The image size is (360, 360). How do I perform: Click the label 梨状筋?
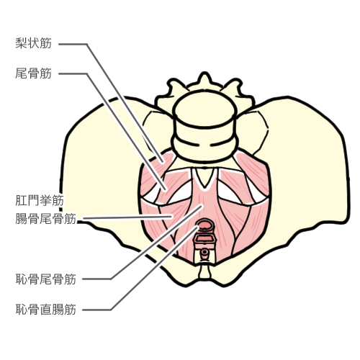34,43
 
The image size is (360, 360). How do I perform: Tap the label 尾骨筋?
34,73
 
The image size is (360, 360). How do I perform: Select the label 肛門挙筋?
40,200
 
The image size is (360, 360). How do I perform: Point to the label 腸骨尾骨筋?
46,218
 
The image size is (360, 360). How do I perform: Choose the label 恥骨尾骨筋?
46,279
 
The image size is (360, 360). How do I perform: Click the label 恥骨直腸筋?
46,310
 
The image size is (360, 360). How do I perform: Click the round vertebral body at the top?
204,109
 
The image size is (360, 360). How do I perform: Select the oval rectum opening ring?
204,225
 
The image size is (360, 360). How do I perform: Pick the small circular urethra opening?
204,252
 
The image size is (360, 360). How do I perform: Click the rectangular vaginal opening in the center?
204,239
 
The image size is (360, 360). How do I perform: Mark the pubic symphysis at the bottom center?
204,272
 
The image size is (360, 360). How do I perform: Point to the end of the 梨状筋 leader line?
163,162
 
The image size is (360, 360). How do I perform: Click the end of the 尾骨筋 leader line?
166,189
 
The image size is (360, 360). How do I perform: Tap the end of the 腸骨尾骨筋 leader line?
172,217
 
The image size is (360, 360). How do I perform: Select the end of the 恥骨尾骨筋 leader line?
202,205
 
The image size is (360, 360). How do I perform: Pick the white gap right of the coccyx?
228,193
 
